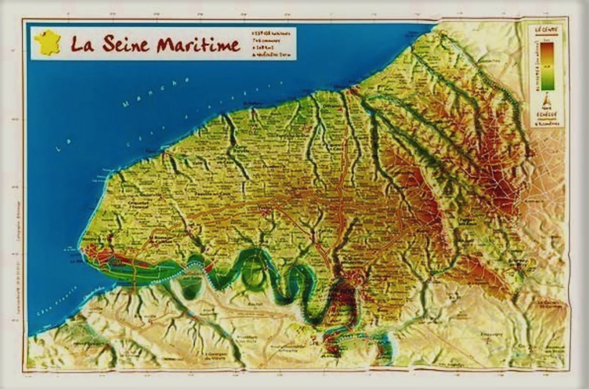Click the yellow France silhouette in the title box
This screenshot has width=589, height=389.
[x=48, y=42]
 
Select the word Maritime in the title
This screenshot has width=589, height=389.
[x=198, y=44]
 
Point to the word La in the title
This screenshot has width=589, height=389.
[x=82, y=43]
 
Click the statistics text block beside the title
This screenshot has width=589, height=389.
[x=272, y=43]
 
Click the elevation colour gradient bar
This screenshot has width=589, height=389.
[x=547, y=66]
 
